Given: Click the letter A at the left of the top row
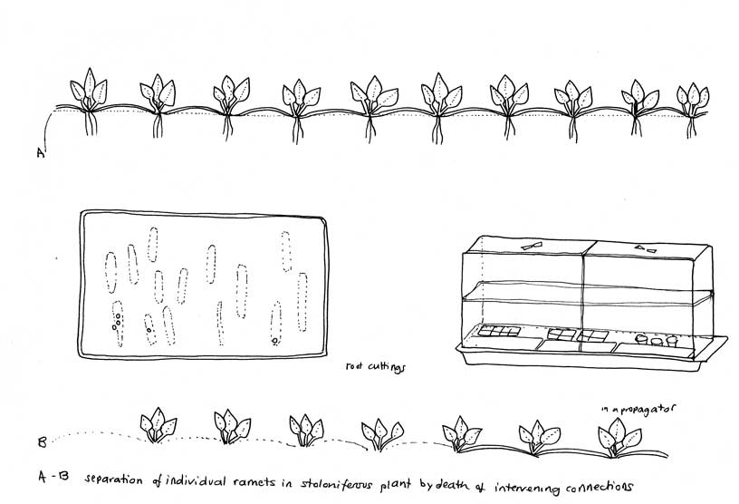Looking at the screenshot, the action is [x=41, y=152].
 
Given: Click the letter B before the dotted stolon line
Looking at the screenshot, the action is [x=42, y=442].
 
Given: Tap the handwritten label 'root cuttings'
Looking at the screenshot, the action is [x=375, y=367].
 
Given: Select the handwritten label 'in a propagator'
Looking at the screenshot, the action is [x=638, y=409].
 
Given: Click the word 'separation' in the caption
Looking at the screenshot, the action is [x=113, y=480].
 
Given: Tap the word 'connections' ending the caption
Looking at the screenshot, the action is [x=599, y=487].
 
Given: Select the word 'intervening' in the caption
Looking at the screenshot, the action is [x=526, y=488].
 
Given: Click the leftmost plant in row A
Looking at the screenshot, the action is [x=89, y=102].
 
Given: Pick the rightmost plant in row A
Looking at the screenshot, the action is [x=692, y=110].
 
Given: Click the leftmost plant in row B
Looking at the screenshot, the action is [x=158, y=425].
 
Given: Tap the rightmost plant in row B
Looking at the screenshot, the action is [x=619, y=438].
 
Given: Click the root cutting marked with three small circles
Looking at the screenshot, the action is [x=118, y=324].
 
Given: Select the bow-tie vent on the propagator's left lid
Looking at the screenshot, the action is [x=532, y=246].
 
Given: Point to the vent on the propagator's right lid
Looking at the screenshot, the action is [x=645, y=248].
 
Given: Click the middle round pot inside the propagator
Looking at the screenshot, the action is [x=657, y=340].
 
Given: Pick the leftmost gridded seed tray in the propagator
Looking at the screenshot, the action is [x=499, y=330].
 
